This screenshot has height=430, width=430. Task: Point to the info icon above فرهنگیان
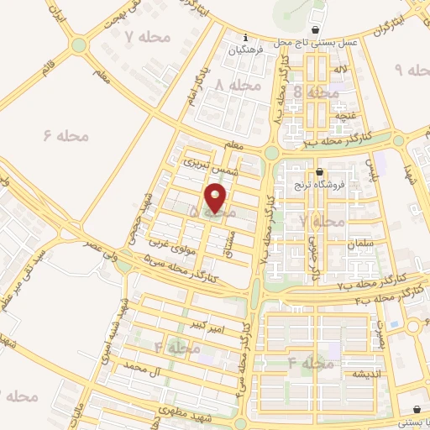click(244, 38)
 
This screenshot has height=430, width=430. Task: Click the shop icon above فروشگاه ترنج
click(318, 171)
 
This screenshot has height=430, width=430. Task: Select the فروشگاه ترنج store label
click(319, 184)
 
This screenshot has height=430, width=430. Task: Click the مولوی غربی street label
click(165, 244)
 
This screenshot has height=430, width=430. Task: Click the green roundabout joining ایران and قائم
click(80, 45)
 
